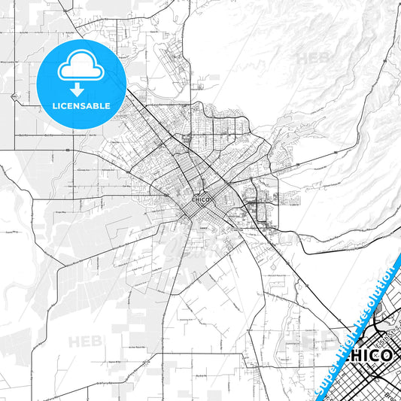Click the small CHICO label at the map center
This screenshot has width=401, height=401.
point(201,199)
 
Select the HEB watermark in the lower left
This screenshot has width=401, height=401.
point(85,342)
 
